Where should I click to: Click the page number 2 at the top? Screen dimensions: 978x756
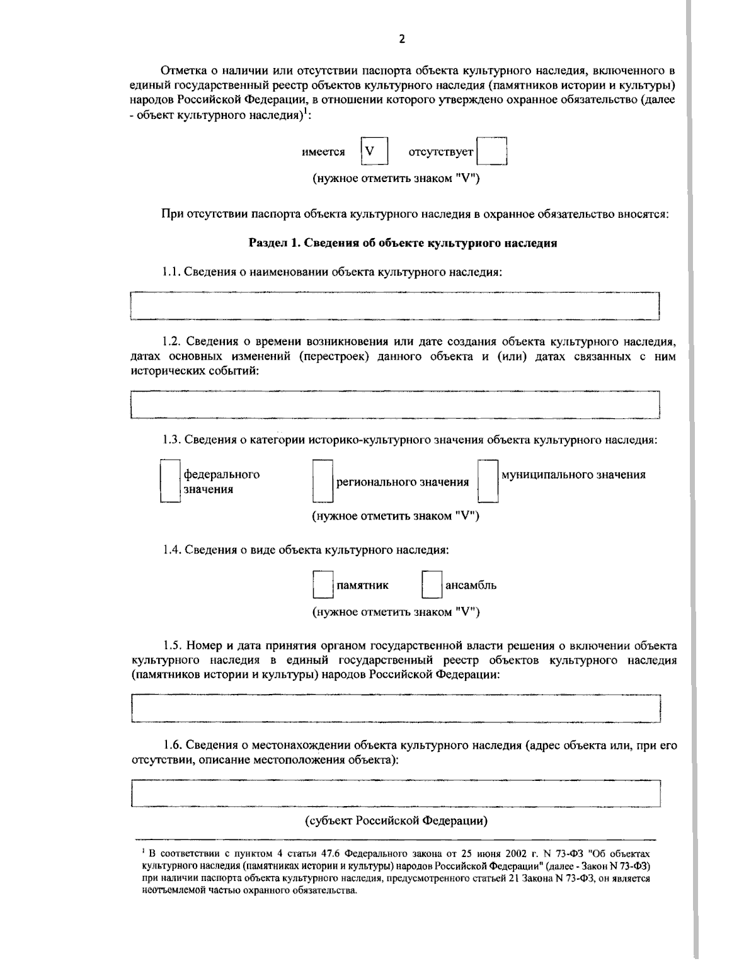(x=402, y=39)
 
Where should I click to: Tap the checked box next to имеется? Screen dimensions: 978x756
(x=373, y=152)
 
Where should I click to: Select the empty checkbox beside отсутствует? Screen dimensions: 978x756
(x=491, y=152)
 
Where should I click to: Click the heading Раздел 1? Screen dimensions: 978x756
(x=403, y=243)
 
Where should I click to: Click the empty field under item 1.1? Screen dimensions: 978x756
(x=394, y=306)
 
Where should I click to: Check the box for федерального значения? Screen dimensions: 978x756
(x=170, y=482)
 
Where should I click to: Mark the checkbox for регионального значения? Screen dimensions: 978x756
(x=323, y=482)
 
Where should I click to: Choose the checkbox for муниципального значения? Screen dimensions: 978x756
(x=488, y=482)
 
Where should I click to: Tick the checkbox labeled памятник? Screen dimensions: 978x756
(x=323, y=585)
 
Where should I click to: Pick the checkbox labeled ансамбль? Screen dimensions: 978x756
(x=432, y=585)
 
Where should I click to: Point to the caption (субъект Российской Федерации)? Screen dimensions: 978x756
(x=397, y=821)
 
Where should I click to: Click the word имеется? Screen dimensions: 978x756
(x=323, y=152)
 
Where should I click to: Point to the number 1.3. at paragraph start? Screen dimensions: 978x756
(x=171, y=440)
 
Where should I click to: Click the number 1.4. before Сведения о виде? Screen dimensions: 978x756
(x=171, y=550)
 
